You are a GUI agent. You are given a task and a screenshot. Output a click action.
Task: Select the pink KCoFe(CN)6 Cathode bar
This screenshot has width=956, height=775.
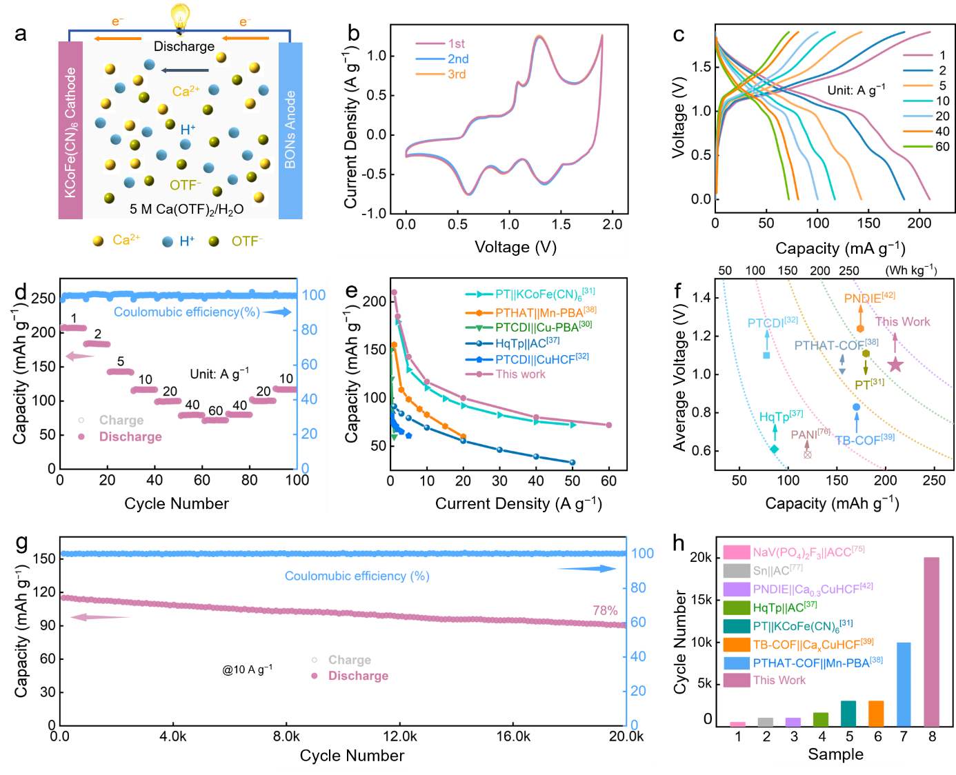(x=70, y=131)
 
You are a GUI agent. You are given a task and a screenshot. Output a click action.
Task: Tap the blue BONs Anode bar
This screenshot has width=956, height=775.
(x=290, y=130)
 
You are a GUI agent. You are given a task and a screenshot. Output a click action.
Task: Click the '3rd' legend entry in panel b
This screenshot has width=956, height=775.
(x=456, y=74)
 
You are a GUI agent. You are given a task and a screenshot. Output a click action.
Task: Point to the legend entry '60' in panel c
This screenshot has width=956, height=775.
(x=942, y=146)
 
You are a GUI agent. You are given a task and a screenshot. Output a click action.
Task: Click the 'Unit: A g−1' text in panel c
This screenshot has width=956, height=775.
(x=856, y=90)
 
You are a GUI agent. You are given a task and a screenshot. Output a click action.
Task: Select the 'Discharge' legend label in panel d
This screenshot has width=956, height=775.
(x=130, y=436)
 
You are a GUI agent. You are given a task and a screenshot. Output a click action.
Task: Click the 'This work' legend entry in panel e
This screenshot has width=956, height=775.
(x=520, y=374)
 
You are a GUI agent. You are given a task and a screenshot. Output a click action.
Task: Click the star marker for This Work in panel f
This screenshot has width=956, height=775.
(x=895, y=365)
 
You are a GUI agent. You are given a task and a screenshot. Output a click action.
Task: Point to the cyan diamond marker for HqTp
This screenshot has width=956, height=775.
(x=775, y=450)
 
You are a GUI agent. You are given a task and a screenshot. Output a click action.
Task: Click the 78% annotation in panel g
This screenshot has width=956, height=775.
(x=605, y=610)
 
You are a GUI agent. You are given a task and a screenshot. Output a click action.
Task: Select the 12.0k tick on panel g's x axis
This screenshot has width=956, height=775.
(x=400, y=736)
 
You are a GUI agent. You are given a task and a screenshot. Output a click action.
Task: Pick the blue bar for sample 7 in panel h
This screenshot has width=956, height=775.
(x=904, y=684)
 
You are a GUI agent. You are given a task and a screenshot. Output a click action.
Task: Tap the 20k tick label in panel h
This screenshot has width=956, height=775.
(x=701, y=557)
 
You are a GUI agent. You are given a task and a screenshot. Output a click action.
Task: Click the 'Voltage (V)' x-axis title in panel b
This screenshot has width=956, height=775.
(x=515, y=248)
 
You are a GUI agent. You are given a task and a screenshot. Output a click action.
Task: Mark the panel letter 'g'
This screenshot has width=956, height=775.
(x=21, y=542)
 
